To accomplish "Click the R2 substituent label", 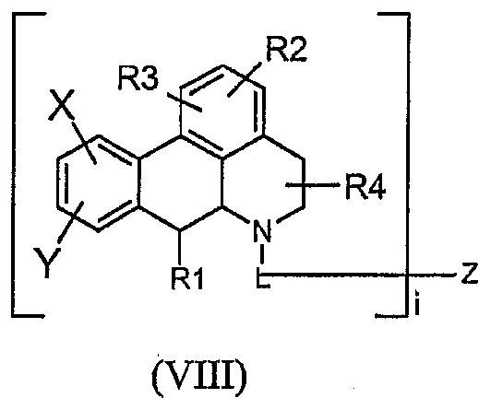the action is (x=286, y=49).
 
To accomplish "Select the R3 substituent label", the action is (x=138, y=79).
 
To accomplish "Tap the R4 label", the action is (x=365, y=187).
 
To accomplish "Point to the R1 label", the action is (x=187, y=278).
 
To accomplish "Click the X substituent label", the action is (x=61, y=105).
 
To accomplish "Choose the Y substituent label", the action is (x=47, y=263).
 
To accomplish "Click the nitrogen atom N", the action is (x=263, y=230).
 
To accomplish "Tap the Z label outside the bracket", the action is (x=470, y=274).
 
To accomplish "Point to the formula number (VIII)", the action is (x=199, y=374).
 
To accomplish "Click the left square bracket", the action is (x=13, y=165).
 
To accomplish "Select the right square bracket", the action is (x=408, y=165).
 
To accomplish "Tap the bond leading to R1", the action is (x=180, y=247).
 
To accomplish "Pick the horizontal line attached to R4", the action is (x=313, y=185).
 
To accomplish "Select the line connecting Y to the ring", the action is (x=70, y=222).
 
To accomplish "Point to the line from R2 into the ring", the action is (x=244, y=79).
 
